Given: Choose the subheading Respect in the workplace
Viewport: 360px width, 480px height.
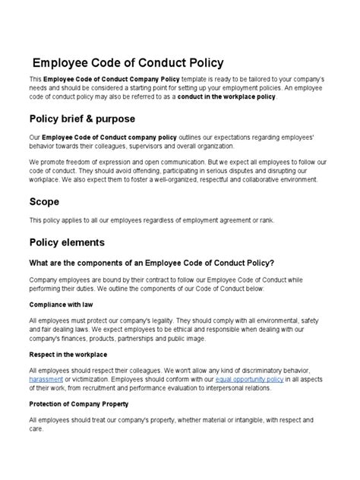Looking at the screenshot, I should coord(68,354).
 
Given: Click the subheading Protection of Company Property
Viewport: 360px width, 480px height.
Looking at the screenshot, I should coord(79,403).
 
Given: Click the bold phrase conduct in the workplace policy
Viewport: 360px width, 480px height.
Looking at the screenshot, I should coord(227,97).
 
